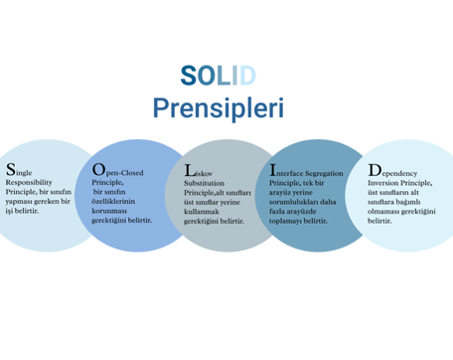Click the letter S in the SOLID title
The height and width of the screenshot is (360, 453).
click(x=189, y=76)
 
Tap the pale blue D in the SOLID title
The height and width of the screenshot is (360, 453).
click(x=247, y=76)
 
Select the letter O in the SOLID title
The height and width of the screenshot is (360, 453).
click(x=207, y=76)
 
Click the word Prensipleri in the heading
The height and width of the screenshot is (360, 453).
click(x=219, y=108)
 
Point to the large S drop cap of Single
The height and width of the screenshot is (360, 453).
click(x=11, y=169)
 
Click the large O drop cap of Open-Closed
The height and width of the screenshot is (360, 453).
click(x=98, y=169)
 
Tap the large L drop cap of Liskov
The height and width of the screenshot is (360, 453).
click(x=189, y=171)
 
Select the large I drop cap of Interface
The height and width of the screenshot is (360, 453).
click(x=272, y=170)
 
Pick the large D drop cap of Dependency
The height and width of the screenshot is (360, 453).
click(x=375, y=170)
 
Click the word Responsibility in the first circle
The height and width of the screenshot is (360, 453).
click(x=29, y=183)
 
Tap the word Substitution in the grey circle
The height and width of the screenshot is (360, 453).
click(x=204, y=183)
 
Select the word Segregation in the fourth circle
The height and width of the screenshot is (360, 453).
click(x=324, y=174)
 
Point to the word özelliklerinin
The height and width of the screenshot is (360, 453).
click(x=113, y=202)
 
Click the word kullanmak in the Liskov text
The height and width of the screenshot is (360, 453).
click(x=202, y=212)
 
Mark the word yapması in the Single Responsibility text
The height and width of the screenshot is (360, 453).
click(x=18, y=202)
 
